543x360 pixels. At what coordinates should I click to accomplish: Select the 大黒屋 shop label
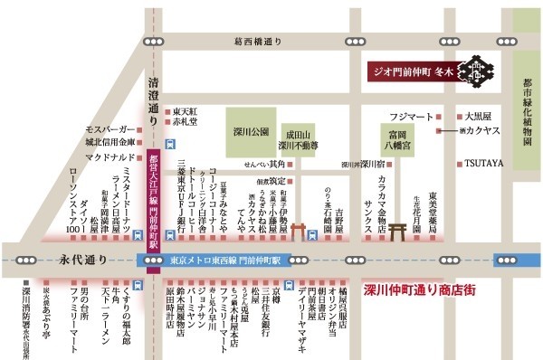(479, 116)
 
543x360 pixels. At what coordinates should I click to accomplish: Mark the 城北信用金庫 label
(110, 141)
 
